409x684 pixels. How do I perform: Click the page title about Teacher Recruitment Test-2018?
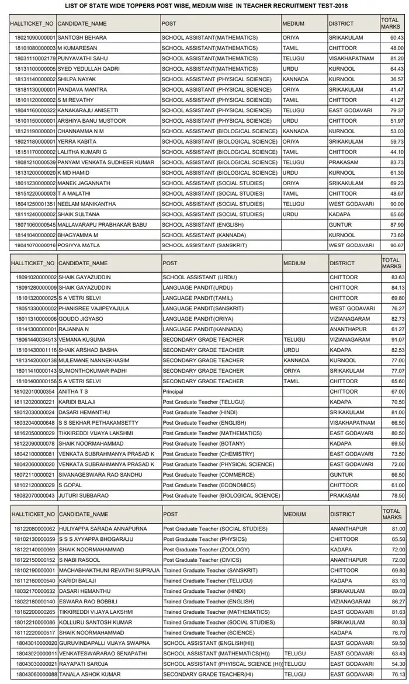point(204,6)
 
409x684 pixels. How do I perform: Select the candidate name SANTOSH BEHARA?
point(82,38)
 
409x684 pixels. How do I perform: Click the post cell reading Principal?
point(173,391)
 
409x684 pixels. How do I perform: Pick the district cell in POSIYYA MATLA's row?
point(351,245)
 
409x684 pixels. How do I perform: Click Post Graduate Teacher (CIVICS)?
point(202,560)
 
